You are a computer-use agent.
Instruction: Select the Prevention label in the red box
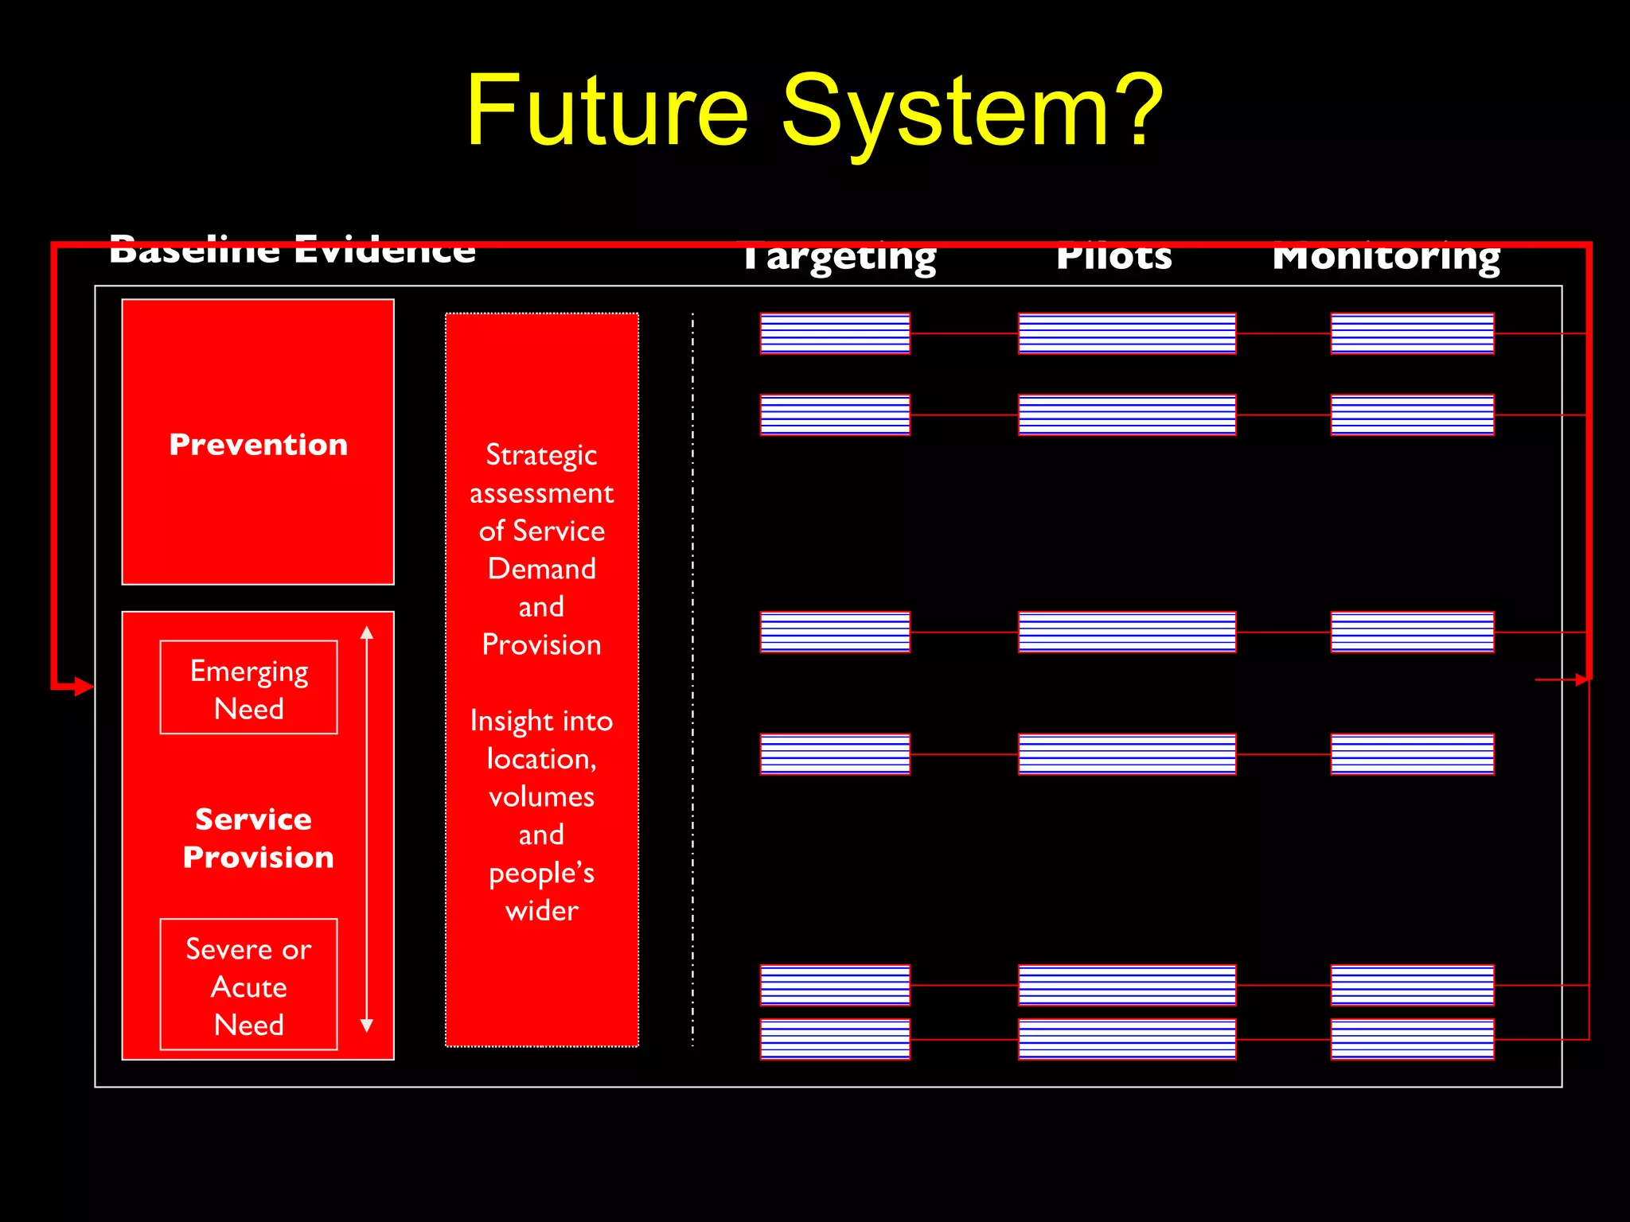(258, 445)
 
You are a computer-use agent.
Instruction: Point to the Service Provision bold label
(257, 838)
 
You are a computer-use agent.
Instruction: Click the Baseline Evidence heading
(292, 251)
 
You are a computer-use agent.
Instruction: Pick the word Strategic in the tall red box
(541, 455)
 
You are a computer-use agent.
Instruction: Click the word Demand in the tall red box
(541, 569)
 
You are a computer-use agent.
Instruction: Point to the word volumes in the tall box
(541, 796)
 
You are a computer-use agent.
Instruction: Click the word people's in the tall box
(541, 873)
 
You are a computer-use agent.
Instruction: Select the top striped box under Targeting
(835, 333)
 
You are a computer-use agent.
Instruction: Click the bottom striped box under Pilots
(1127, 1039)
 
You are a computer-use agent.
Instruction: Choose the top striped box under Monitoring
(1412, 333)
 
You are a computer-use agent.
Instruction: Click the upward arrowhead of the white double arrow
(367, 633)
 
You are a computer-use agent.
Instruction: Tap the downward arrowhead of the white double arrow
(367, 1025)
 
